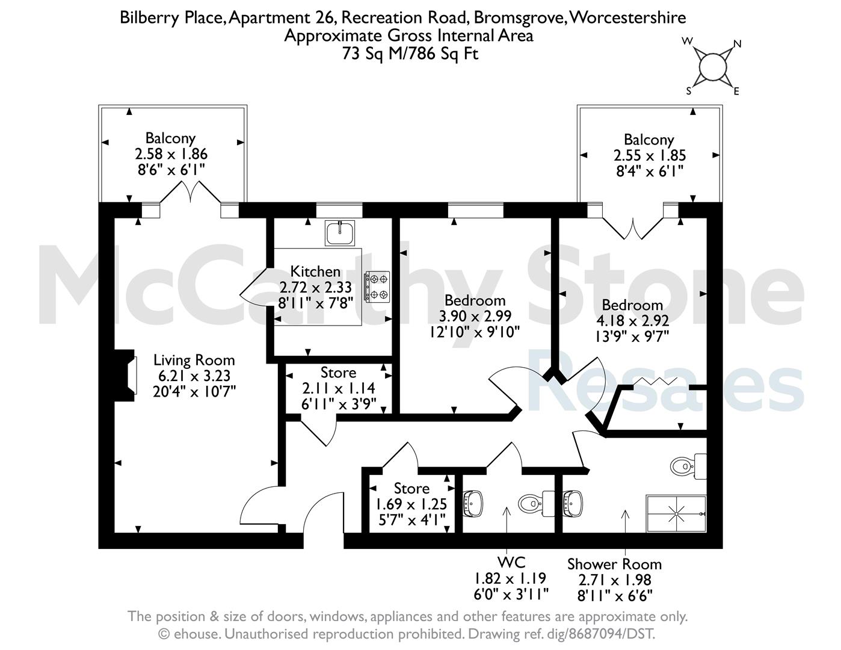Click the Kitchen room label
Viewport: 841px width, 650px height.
[x=315, y=271]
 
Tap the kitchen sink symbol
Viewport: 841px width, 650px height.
[x=339, y=233]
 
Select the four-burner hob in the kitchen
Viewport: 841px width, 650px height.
[x=377, y=286]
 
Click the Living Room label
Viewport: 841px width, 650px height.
[x=194, y=360]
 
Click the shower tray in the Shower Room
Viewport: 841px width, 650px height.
[x=676, y=513]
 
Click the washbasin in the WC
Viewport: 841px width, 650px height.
[x=473, y=503]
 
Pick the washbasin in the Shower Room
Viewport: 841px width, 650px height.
[x=573, y=503]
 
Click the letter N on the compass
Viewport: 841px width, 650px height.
[x=738, y=44]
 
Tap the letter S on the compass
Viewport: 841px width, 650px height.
[x=689, y=91]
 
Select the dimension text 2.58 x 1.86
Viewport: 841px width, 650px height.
[x=171, y=154]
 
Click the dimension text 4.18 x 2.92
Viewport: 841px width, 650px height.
[x=632, y=321]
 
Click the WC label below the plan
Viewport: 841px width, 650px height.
[x=511, y=562]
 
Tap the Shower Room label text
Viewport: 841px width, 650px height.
[x=615, y=564]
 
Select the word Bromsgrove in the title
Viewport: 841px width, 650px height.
[x=520, y=17]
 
